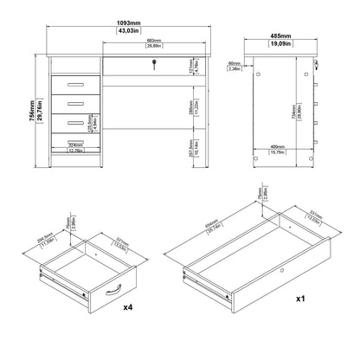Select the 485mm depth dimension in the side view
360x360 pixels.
click(280, 38)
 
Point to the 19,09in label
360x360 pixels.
click(280, 45)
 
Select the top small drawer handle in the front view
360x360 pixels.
click(75, 83)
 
